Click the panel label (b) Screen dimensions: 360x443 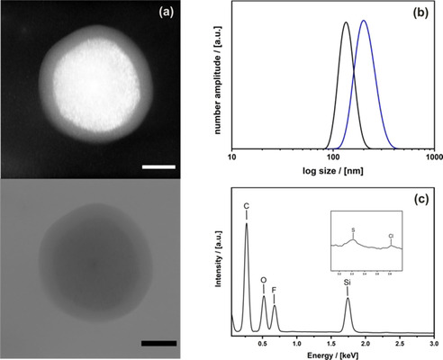[x=420, y=14]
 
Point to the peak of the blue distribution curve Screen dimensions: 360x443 [x=364, y=21]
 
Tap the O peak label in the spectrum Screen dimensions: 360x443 [x=264, y=282]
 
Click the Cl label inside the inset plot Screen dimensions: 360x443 [x=390, y=238]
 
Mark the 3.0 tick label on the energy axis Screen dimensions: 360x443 [x=433, y=343]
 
